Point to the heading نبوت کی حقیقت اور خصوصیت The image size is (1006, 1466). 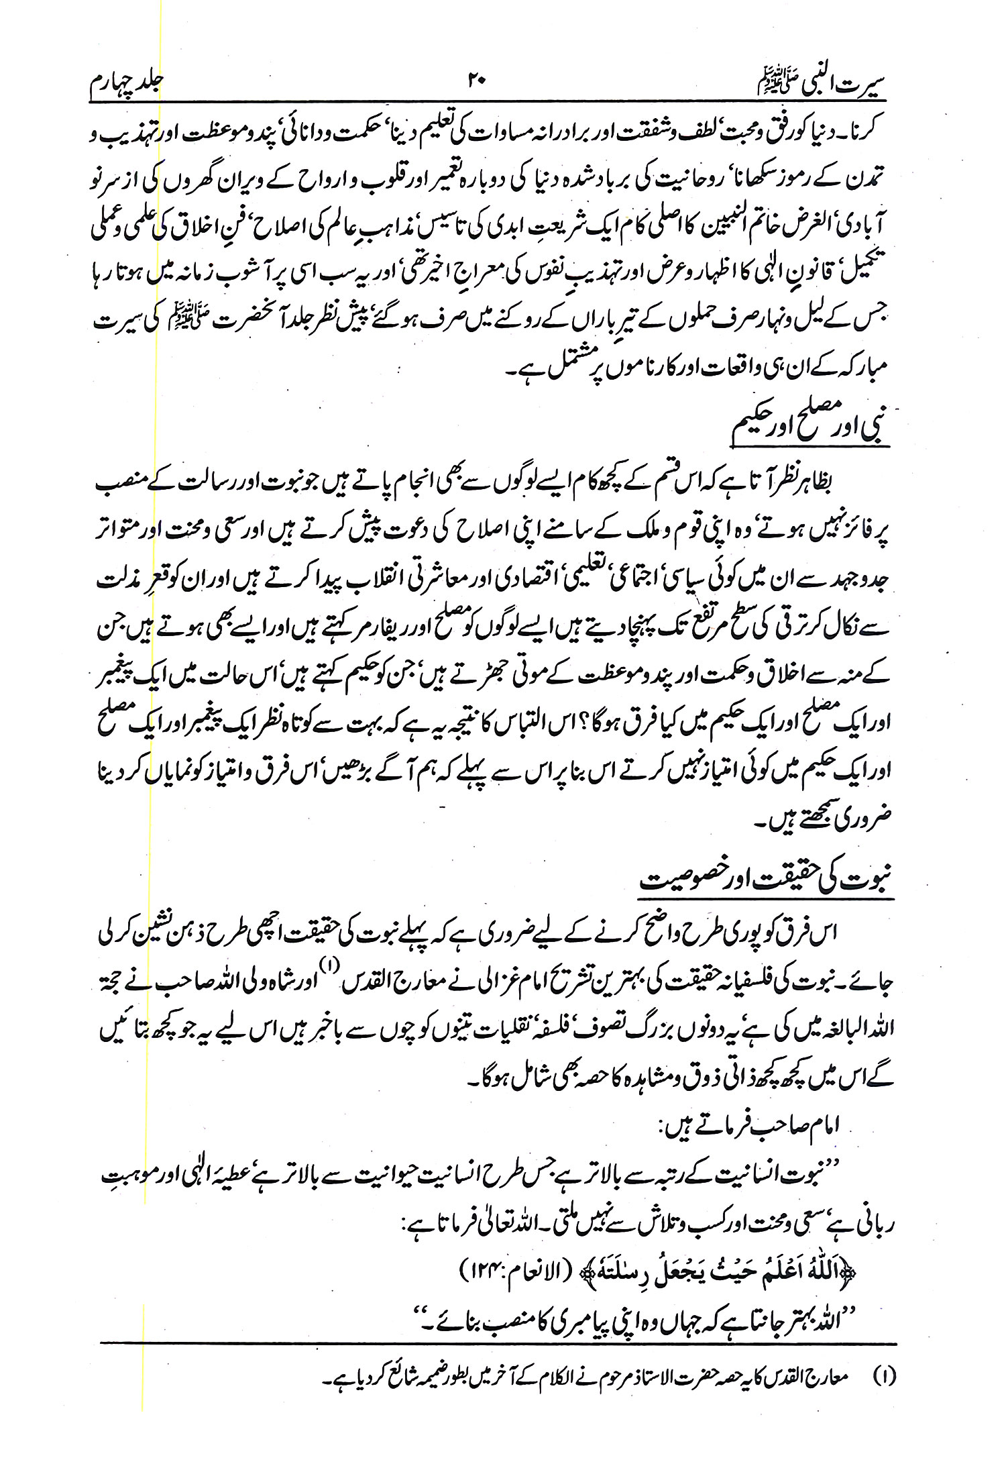pyautogui.click(x=765, y=879)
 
